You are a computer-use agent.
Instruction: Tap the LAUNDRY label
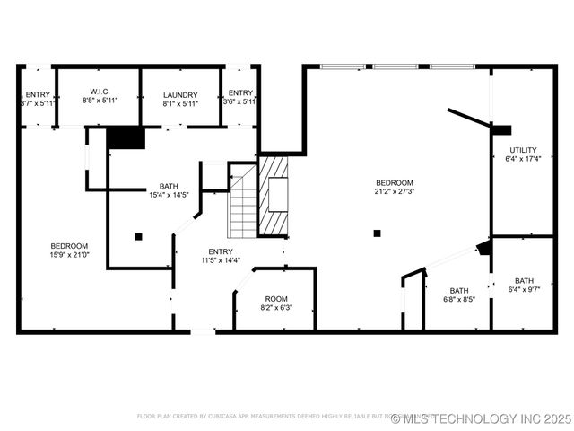point(180,94)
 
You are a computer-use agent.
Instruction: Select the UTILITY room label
point(523,150)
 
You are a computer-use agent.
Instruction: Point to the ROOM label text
point(275,299)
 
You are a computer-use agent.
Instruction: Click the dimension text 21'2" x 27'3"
point(395,190)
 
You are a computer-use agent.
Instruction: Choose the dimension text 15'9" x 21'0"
point(69,255)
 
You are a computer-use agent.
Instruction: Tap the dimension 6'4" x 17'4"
point(523,159)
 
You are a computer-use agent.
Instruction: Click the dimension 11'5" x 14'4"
point(221,260)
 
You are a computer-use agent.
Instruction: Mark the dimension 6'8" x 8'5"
point(459,300)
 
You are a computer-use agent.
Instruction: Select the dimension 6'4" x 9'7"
point(524,289)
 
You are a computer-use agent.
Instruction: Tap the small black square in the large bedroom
point(378,233)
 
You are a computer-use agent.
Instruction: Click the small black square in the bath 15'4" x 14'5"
point(139,237)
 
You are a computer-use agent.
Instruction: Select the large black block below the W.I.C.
point(126,137)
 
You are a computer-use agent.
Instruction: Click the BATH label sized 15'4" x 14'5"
point(169,186)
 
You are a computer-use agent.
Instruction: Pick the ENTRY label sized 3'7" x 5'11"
point(38,94)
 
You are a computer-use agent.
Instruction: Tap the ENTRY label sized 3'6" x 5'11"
point(240,93)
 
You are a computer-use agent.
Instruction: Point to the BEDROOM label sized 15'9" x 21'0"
point(69,246)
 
